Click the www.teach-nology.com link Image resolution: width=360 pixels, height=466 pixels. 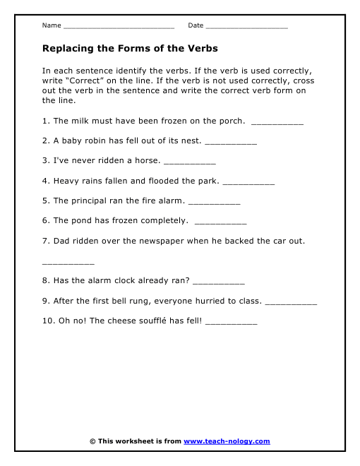pyautogui.click(x=227, y=441)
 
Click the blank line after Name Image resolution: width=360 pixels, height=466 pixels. pyautogui.click(x=119, y=27)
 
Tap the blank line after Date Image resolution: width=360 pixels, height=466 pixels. pyautogui.click(x=247, y=27)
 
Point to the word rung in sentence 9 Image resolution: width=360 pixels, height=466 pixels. pyautogui.click(x=131, y=301)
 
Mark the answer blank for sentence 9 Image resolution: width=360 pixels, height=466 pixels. pyautogui.click(x=291, y=303)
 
